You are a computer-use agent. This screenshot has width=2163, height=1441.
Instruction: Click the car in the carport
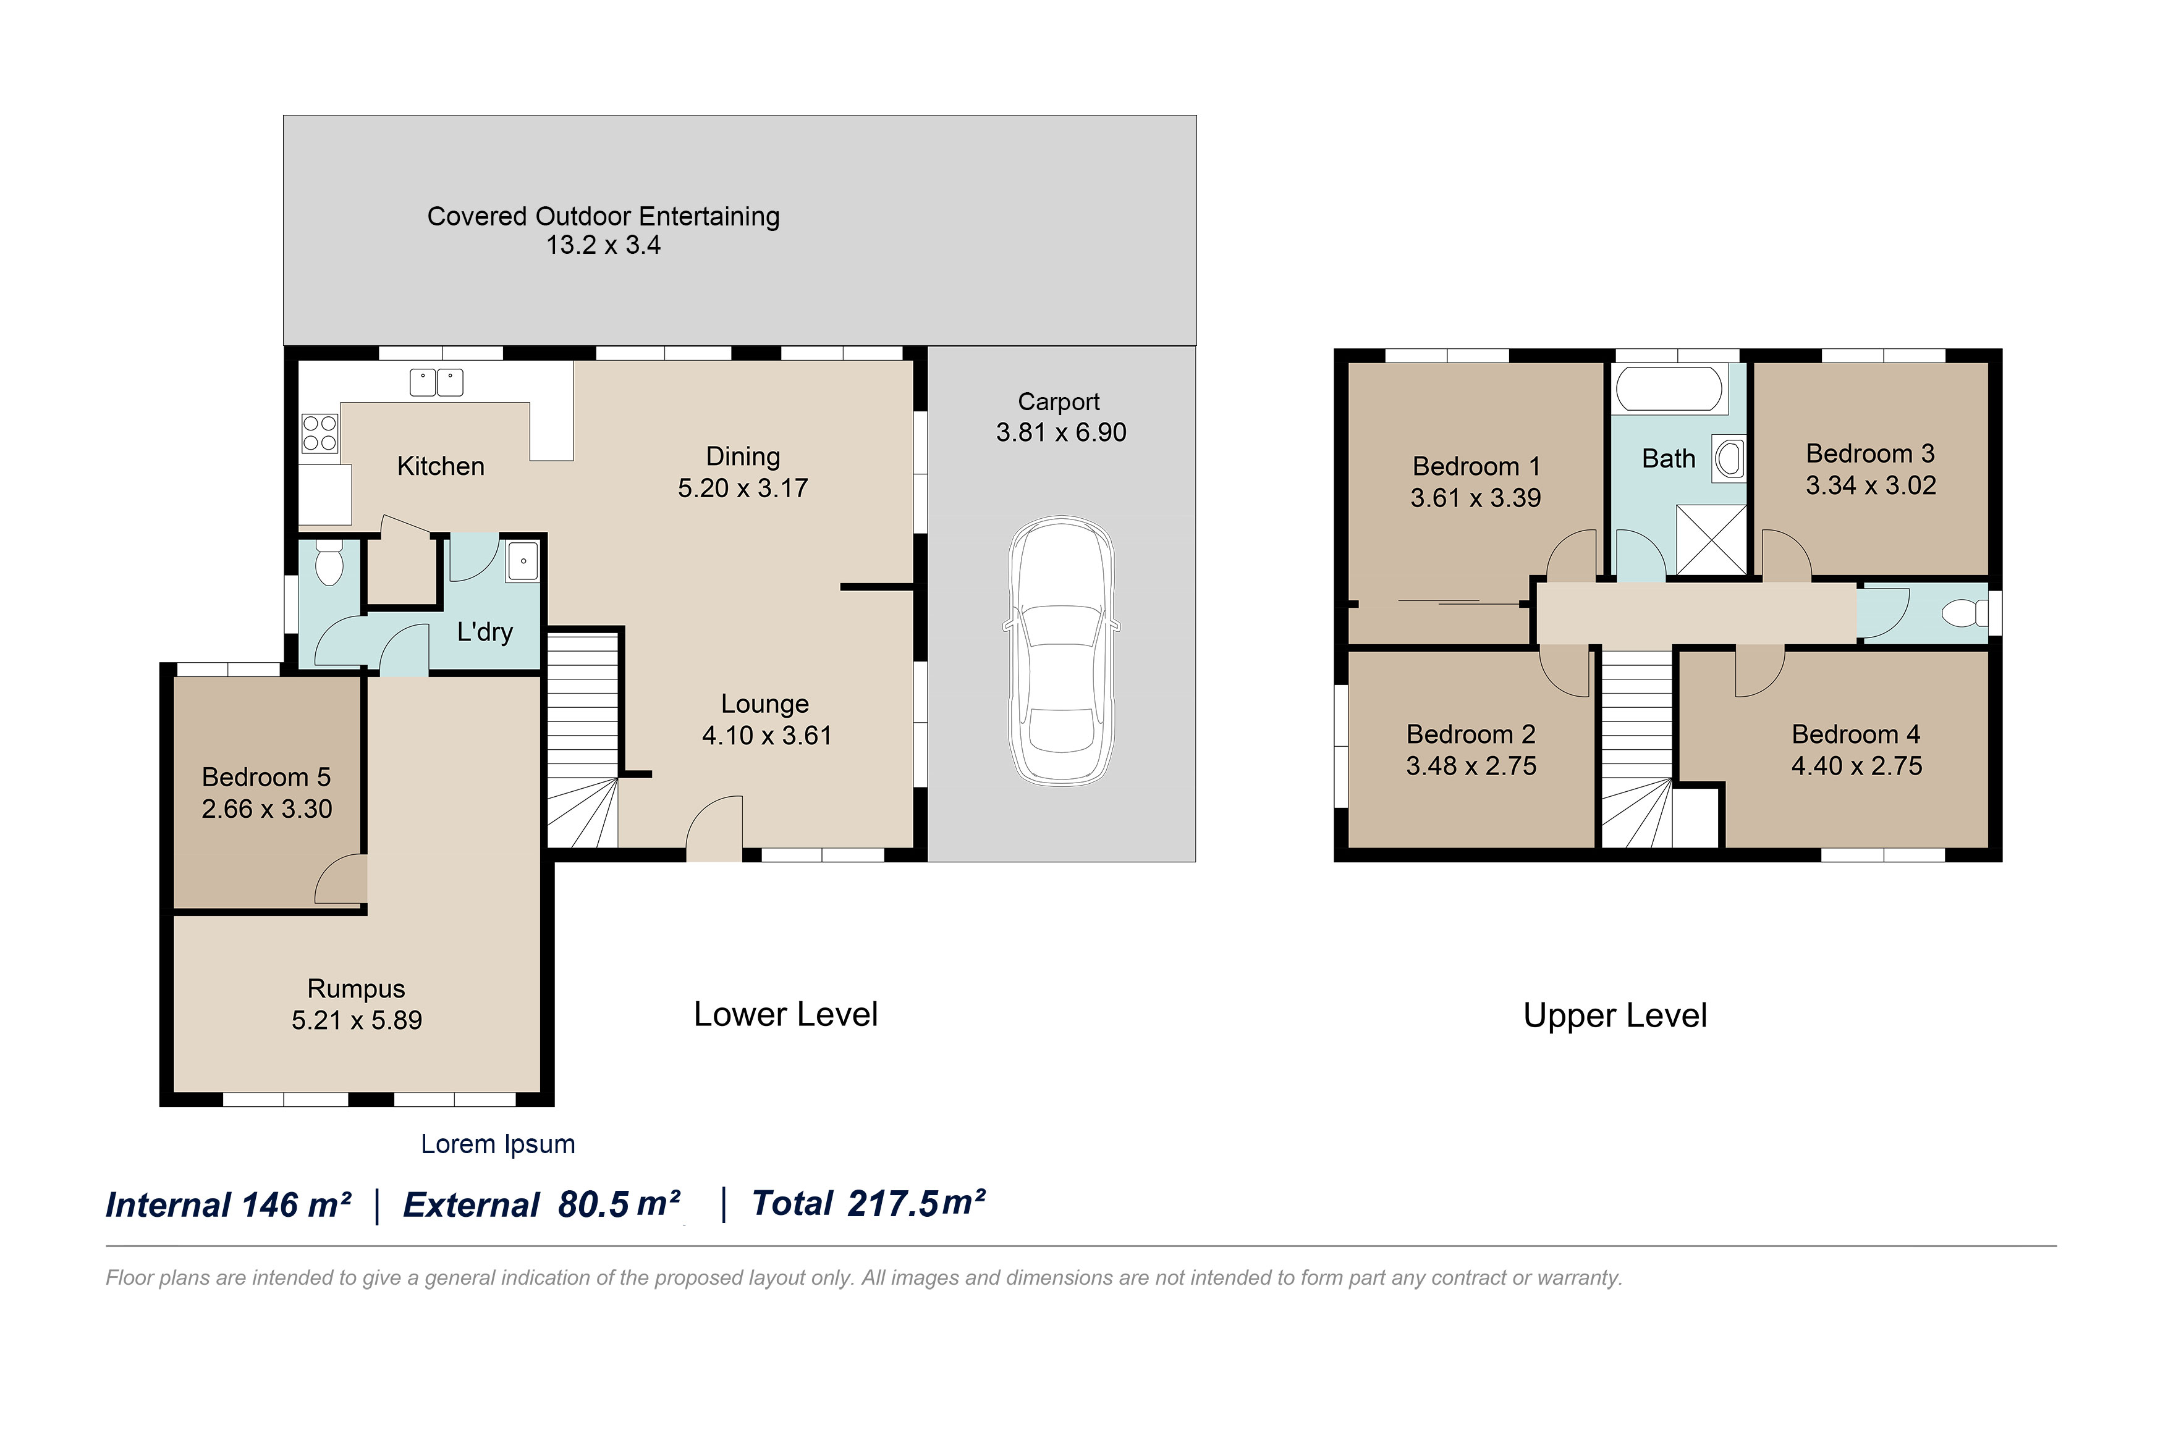pos(1061,650)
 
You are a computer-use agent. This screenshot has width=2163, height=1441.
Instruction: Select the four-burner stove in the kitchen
pos(319,433)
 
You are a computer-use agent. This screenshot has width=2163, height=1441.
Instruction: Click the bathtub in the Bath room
pos(1669,390)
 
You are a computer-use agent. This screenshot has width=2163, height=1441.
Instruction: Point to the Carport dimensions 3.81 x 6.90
pos(1061,432)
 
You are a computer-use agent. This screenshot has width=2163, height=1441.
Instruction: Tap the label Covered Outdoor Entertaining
pos(603,216)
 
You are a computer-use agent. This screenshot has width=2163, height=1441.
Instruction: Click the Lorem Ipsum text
pos(498,1144)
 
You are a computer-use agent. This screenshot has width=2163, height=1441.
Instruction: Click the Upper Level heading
pos(1615,1015)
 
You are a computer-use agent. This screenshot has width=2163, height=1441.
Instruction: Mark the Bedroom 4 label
pos(1856,734)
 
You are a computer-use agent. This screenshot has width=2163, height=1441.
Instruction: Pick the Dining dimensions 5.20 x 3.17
pos(743,487)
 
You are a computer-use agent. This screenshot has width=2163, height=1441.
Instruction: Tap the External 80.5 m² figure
pos(541,1204)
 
